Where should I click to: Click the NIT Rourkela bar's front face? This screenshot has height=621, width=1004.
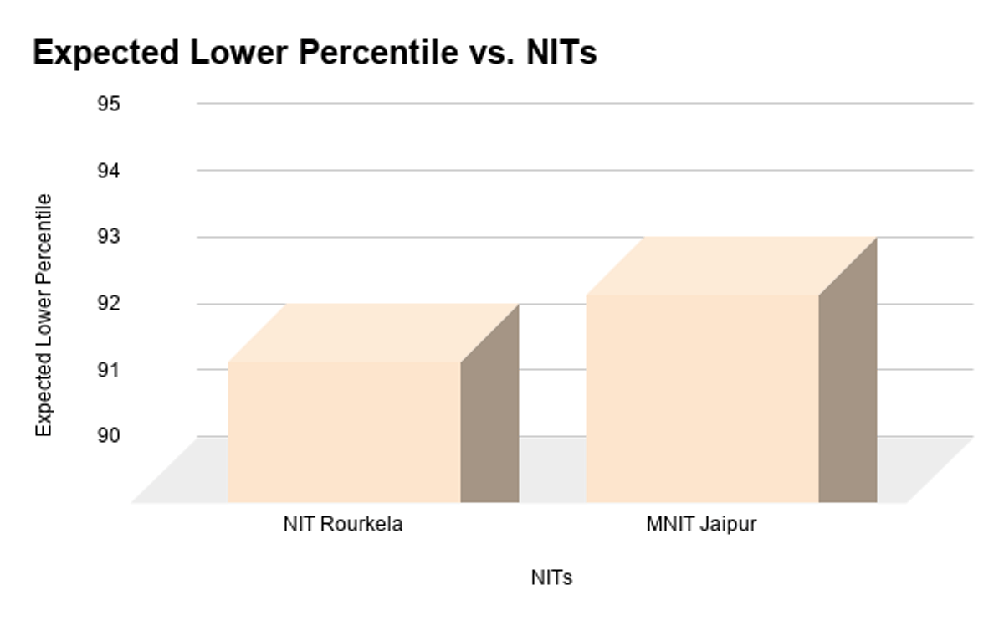point(344,432)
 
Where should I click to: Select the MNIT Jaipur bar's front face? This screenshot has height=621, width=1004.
point(702,398)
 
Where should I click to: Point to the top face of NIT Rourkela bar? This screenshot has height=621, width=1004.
point(374,333)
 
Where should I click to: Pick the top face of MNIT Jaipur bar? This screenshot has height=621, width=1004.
point(731,266)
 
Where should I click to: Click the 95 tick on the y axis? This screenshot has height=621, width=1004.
point(109,104)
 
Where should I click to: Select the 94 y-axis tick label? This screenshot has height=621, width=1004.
point(109,171)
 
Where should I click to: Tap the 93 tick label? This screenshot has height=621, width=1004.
point(109,237)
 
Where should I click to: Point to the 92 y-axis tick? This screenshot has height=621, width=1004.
point(109,303)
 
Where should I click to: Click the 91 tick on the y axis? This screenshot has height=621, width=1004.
point(109,369)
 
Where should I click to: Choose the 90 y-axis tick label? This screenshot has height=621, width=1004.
point(109,435)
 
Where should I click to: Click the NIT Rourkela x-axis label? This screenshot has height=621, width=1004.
point(343,526)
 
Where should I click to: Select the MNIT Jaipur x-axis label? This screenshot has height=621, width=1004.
point(701,526)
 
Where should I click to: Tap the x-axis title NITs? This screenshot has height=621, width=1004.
point(551,578)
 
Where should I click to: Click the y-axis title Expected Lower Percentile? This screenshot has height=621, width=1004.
point(44,315)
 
